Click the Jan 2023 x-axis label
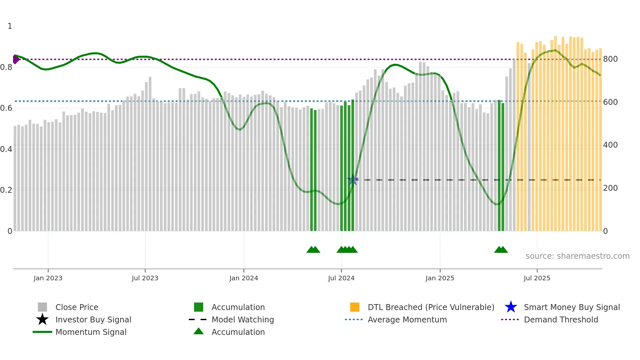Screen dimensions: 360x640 point(48,278)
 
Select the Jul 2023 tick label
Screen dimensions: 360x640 point(145,278)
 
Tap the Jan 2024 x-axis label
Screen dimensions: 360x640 point(244,278)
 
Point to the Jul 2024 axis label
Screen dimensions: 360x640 point(341,278)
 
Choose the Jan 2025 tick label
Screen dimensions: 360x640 point(440,278)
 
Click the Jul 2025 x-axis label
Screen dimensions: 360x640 point(537,278)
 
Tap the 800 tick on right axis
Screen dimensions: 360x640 point(610,59)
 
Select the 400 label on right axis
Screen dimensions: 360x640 point(610,145)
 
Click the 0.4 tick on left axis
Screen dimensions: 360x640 point(6,149)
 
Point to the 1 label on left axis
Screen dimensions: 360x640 point(10,26)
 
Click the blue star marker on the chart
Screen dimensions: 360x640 point(353,180)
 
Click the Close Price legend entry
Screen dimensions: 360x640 point(77,307)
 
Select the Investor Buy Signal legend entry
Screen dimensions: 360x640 point(93,319)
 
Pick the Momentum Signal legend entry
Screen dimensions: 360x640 point(91,332)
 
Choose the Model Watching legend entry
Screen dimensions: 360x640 point(243,319)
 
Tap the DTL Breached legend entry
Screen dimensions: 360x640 point(431,307)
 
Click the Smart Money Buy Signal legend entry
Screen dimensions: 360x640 point(572,307)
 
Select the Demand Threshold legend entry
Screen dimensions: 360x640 point(561,319)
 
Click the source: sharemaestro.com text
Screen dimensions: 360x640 point(577,256)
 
